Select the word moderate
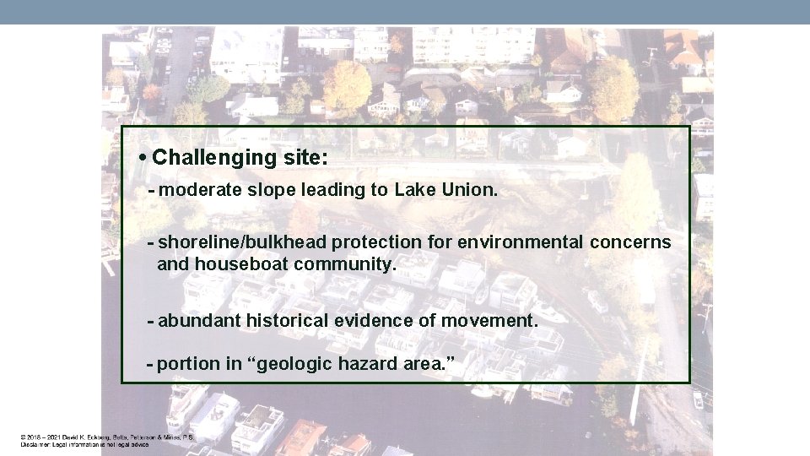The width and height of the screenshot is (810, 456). (200, 191)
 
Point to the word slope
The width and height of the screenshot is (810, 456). (267, 191)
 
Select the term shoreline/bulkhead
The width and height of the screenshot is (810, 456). (242, 242)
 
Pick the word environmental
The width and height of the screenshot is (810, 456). (520, 242)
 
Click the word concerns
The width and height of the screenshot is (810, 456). (630, 242)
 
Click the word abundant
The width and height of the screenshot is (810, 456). (197, 321)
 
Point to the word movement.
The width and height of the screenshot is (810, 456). (495, 321)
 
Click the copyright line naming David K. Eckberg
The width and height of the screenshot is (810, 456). (107, 437)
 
